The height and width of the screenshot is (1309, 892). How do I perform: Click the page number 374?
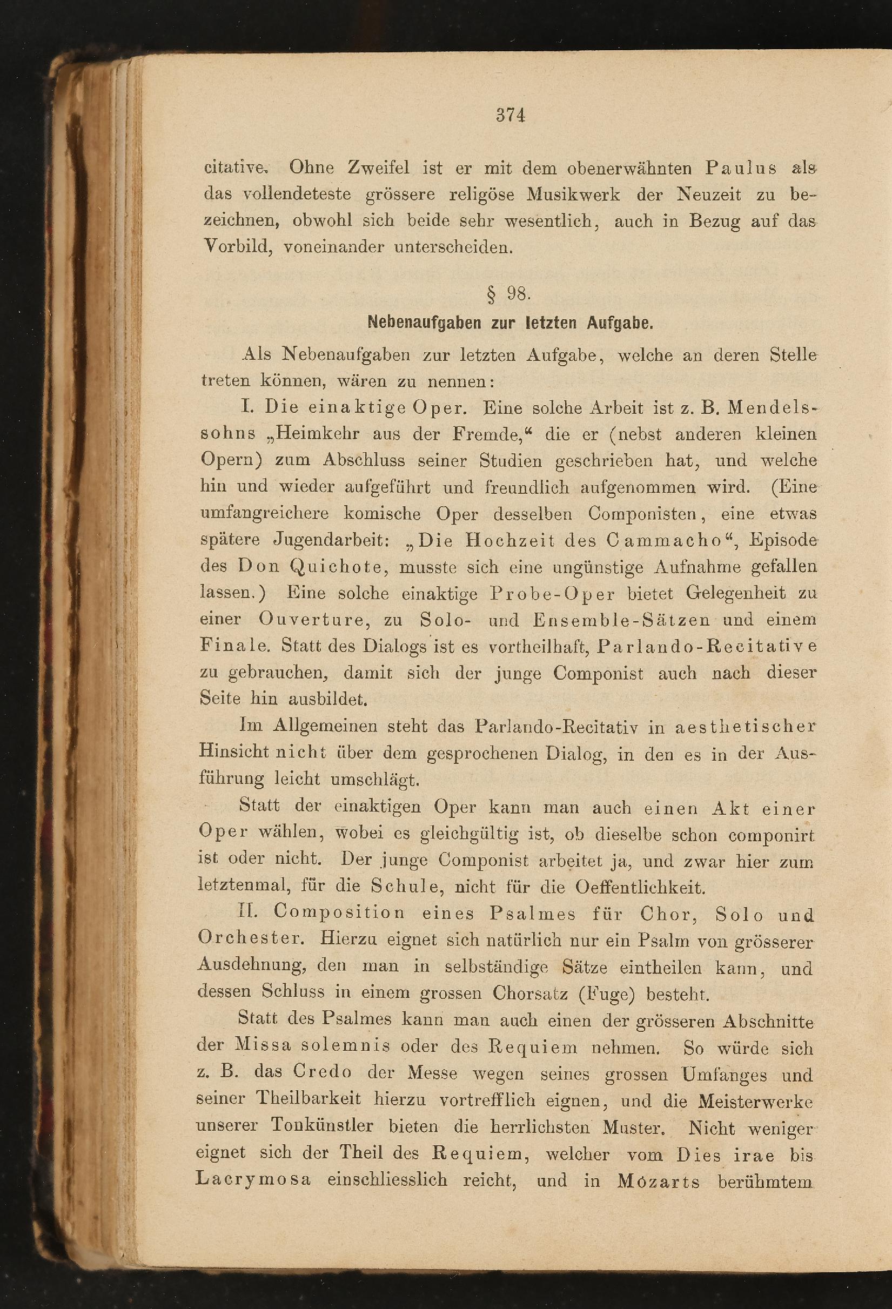pos(511,116)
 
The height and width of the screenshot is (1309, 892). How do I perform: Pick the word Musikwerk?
pos(573,194)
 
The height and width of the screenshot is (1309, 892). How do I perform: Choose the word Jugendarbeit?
pos(331,540)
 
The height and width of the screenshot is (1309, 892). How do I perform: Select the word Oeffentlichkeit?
pos(640,888)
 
